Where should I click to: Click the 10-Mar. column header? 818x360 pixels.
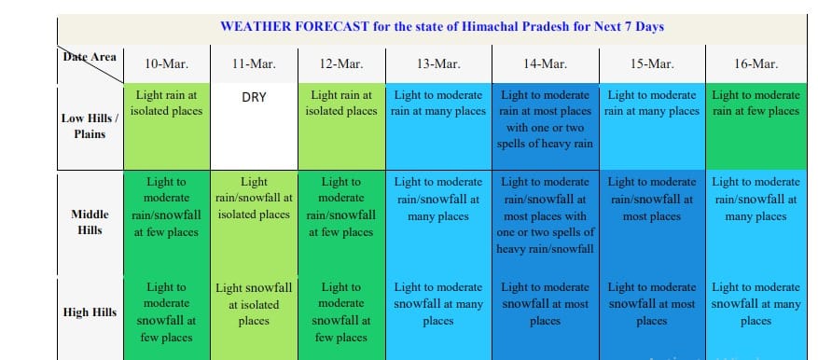(166, 64)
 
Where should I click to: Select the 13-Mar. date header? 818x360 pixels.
(438, 64)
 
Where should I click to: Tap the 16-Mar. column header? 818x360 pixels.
(756, 64)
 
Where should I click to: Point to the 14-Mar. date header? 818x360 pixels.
(545, 64)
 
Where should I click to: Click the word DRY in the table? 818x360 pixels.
(254, 98)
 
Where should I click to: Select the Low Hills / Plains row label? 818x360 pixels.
(90, 126)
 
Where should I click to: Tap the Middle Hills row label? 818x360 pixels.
(90, 222)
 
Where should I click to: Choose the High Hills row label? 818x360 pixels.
(90, 312)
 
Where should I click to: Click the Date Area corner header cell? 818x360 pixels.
(90, 64)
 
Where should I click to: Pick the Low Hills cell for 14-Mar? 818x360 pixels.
(545, 127)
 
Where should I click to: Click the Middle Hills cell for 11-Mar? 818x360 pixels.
(254, 223)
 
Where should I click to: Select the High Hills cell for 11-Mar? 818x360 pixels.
(254, 318)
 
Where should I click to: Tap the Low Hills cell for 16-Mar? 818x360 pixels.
(756, 127)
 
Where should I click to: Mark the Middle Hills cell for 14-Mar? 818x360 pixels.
(545, 223)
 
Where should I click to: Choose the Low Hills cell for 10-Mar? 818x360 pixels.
(166, 127)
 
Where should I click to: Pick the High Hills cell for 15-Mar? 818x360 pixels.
(652, 318)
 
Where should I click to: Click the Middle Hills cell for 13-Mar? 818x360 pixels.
(438, 223)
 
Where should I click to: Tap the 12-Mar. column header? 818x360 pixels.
(341, 64)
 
